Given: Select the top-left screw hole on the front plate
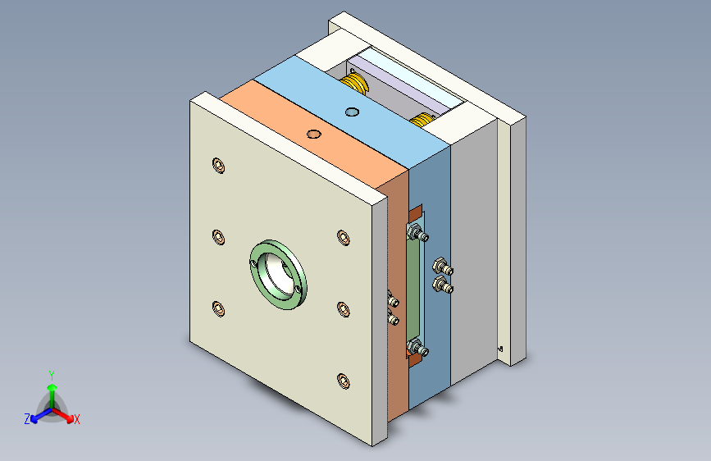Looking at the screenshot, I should pos(217,165).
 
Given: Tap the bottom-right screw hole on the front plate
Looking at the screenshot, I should pos(343,380).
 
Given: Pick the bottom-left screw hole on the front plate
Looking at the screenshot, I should pos(218,308).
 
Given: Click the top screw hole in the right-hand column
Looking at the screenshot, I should pos(343,237).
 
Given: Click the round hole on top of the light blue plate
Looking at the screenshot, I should pos(353,112).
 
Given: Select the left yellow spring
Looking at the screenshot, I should pos(356,81).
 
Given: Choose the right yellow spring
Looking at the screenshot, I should pos(422,121).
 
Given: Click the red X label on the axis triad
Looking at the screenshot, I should pos(77,419).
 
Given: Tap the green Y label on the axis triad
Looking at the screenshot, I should pos(52,374).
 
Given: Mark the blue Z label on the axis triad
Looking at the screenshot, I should pos(27,419).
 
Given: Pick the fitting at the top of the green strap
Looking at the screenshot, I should pos(421,235).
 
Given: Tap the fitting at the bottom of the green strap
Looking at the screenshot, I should pos(419,350).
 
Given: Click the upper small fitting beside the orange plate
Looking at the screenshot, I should pos(392,302).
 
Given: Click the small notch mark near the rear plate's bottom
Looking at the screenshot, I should pos(500,348).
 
